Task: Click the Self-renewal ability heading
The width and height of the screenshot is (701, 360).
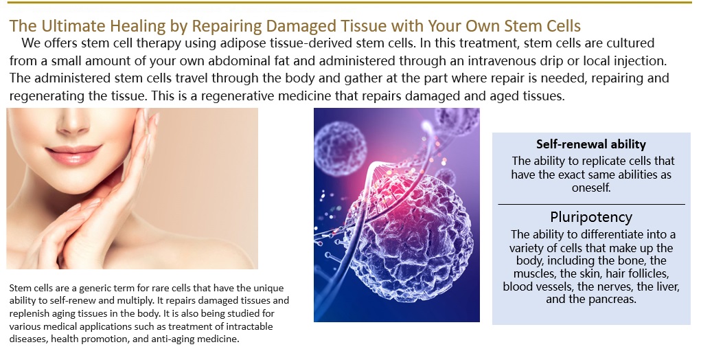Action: point(591,144)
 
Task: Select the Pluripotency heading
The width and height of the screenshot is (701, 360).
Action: point(591,217)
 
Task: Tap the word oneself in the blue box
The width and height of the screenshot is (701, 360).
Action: point(591,188)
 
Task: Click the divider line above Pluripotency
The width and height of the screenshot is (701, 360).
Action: point(591,204)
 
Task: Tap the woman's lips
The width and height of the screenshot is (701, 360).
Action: point(73,153)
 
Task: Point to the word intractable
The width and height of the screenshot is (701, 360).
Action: point(249,326)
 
